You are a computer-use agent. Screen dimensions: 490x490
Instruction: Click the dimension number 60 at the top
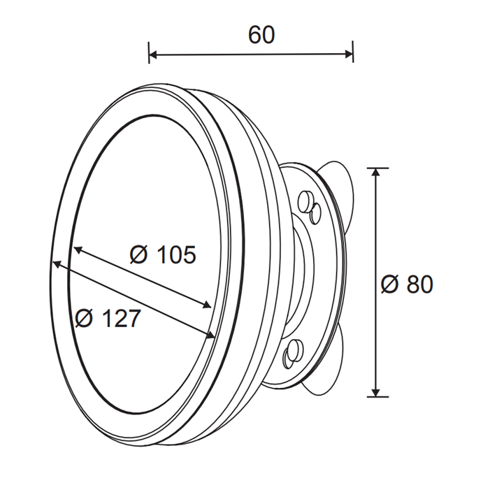[x=261, y=35]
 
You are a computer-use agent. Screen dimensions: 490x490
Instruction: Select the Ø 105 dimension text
[x=163, y=254]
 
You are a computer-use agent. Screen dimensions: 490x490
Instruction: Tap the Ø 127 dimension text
[x=108, y=318]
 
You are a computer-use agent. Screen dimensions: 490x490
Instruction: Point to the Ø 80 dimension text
[x=407, y=284]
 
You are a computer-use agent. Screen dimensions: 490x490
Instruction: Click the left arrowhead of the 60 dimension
[x=153, y=55]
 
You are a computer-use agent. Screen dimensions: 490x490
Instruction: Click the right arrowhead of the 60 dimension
[x=349, y=55]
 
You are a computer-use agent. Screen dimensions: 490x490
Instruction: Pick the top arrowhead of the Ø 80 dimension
[x=375, y=172]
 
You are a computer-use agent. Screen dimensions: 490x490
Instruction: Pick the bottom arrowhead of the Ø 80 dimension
[x=376, y=392]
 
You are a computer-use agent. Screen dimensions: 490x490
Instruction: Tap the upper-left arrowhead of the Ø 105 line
[x=78, y=250]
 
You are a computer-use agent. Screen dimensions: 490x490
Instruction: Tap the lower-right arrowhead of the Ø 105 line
[x=207, y=305]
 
